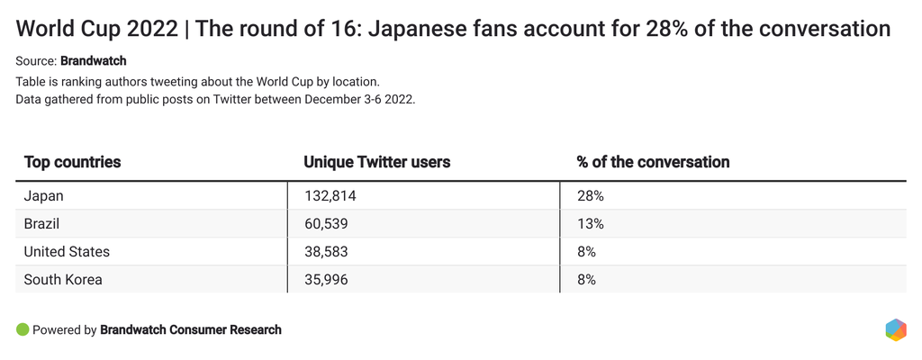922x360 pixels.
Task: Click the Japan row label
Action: [x=43, y=195]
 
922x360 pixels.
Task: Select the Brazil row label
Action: [x=41, y=223]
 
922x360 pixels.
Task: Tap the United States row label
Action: [x=67, y=251]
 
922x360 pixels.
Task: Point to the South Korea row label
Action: [x=63, y=279]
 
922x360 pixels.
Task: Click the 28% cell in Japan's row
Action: [x=591, y=195]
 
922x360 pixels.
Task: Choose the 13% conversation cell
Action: [x=591, y=223]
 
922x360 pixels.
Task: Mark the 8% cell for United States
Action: [x=586, y=251]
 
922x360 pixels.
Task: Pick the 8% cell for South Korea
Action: [x=586, y=279]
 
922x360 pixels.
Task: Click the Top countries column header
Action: [x=72, y=162]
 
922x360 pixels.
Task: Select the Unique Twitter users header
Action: [x=376, y=162]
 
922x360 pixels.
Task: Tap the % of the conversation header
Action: [x=653, y=162]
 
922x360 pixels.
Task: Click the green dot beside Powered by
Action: [x=23, y=329]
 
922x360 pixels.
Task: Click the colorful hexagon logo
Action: [x=895, y=329]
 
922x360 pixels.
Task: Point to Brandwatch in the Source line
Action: [x=93, y=62]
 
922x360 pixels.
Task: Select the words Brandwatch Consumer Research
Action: [x=191, y=329]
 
